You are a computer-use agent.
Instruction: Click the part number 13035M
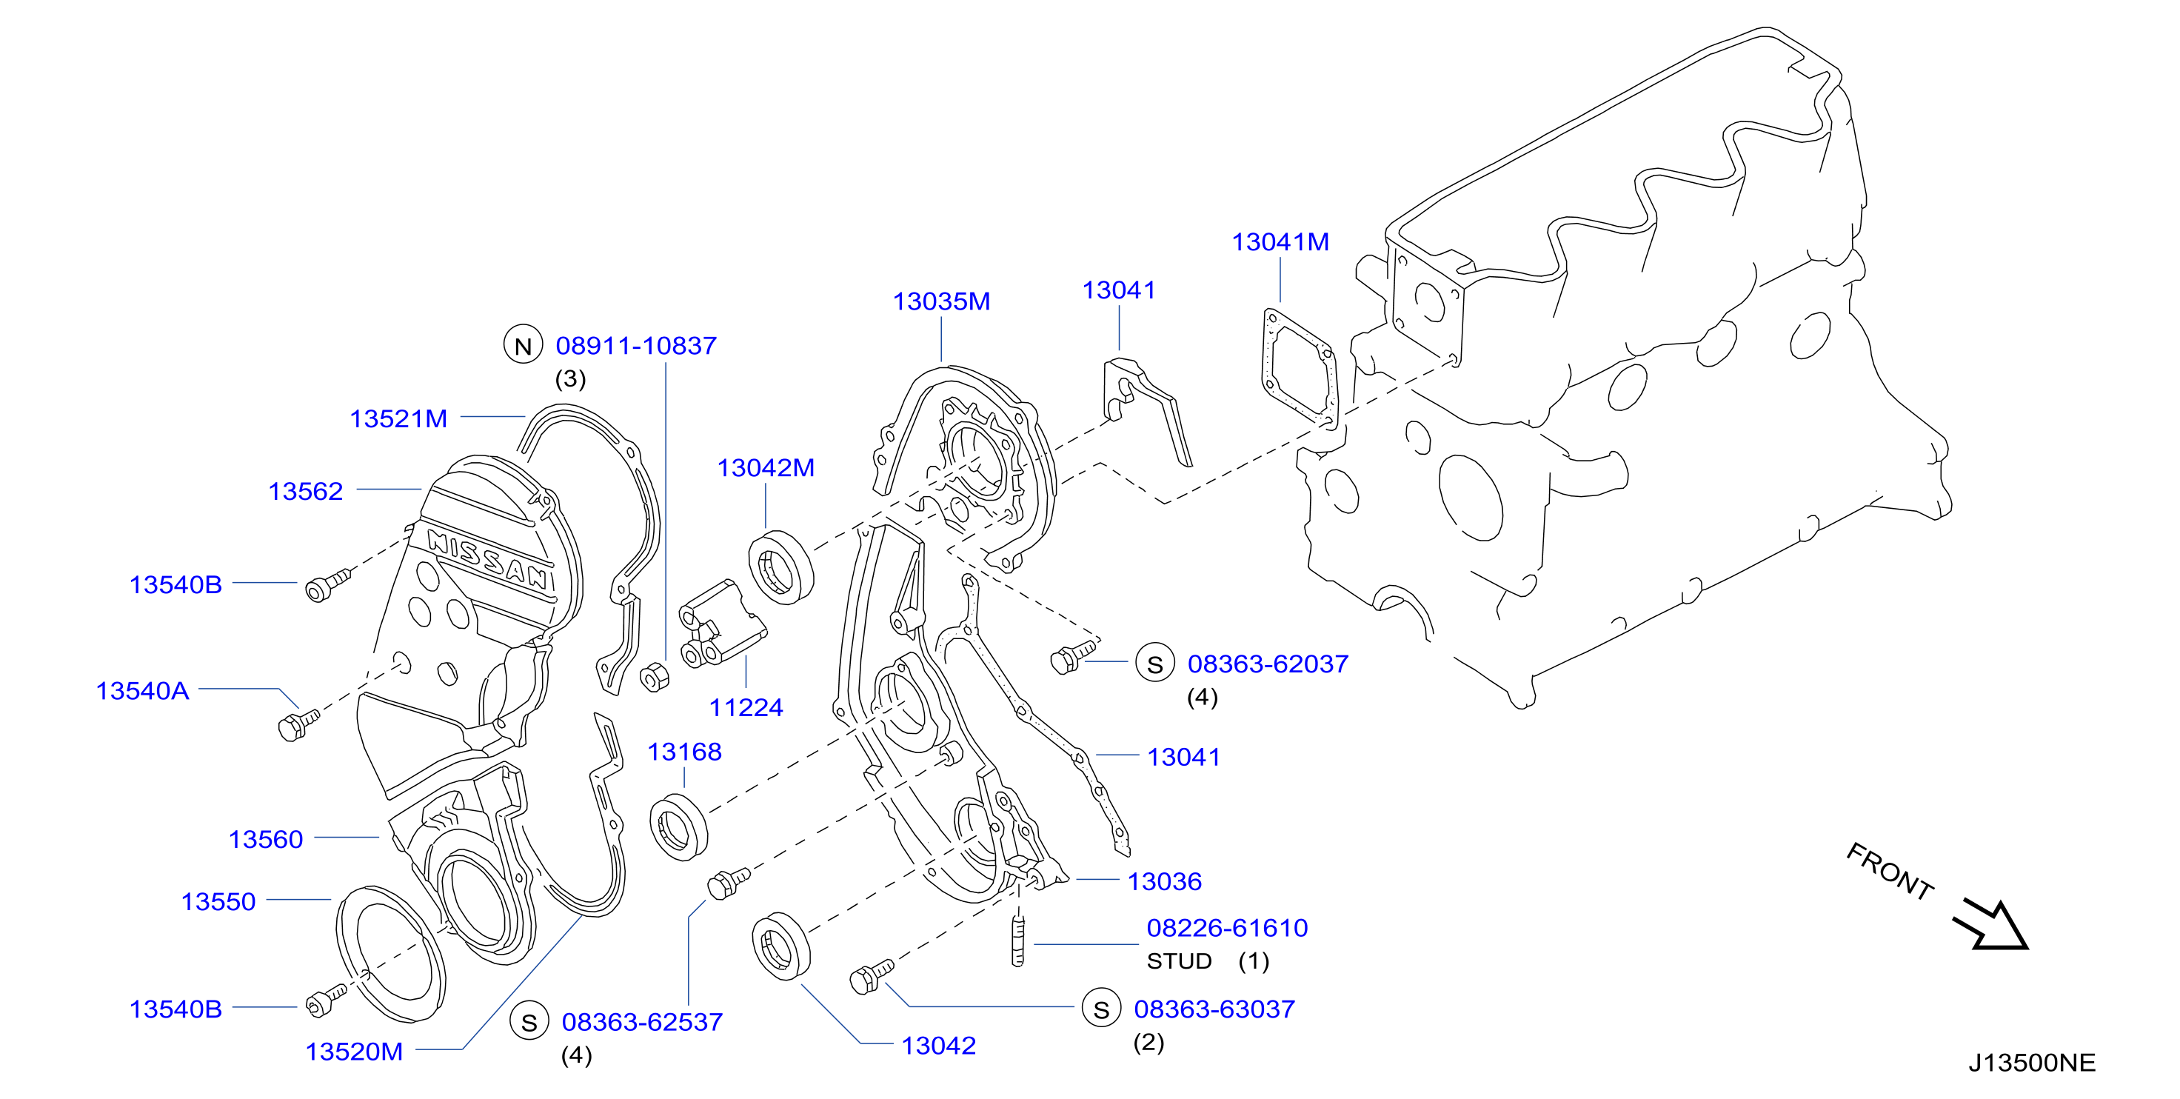[x=941, y=301]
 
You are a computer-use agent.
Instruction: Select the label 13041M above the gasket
[x=1280, y=242]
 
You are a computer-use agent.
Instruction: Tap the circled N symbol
[x=523, y=345]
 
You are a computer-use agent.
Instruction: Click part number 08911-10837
[x=635, y=345]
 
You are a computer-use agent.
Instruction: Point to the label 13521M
[x=398, y=418]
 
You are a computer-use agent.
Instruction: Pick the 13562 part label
[x=306, y=491]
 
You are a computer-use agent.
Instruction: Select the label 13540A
[x=142, y=691]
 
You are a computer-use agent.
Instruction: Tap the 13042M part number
[x=766, y=467]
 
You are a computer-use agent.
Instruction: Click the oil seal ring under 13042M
[x=781, y=568]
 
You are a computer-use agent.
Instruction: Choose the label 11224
[x=746, y=708]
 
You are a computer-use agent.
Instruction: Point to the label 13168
[x=685, y=752]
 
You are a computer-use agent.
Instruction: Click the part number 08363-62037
[x=1268, y=664]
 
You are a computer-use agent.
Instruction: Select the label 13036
[x=1165, y=881]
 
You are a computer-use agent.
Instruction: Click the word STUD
[x=1180, y=961]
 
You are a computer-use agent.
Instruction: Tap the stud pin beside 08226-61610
[x=1018, y=938]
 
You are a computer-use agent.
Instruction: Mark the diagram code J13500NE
[x=2032, y=1063]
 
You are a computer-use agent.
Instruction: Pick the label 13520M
[x=354, y=1052]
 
